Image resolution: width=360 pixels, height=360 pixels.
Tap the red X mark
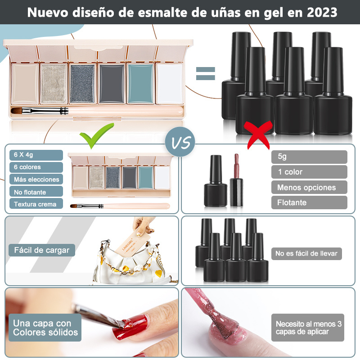click(258, 135)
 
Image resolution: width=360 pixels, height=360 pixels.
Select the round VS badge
click(180, 142)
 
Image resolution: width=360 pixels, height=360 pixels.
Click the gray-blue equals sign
click(206, 73)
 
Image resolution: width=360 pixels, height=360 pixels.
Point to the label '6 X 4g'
click(36, 155)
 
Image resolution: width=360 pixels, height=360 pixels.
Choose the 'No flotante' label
click(36, 192)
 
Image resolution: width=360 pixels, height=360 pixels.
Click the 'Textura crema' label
click(36, 204)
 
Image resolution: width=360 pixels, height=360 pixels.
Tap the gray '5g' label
click(309, 157)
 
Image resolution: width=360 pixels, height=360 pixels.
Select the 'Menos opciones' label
click(309, 187)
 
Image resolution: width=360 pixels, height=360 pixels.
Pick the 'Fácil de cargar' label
click(42, 250)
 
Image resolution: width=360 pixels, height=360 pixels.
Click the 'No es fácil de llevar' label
click(306, 253)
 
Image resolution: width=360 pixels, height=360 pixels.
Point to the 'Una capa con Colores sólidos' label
click(45, 328)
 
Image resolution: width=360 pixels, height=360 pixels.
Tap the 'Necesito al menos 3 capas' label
click(308, 328)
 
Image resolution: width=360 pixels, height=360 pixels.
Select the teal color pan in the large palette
click(140, 83)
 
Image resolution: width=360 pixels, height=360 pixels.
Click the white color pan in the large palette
click(170, 83)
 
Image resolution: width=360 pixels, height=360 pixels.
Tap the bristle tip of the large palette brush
click(12, 110)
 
